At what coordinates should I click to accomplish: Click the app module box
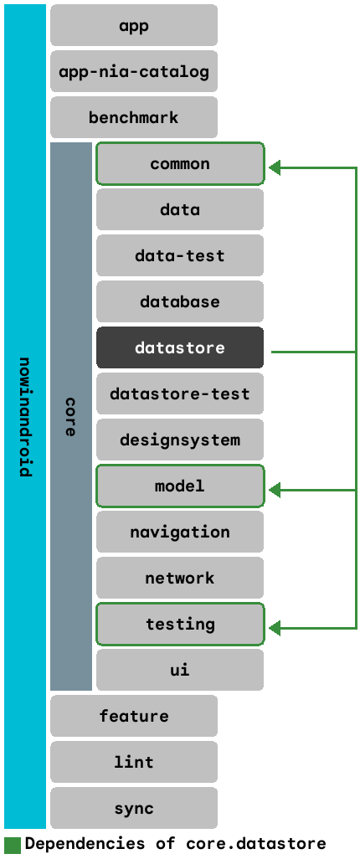[x=134, y=25]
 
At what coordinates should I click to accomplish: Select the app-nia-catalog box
[x=134, y=71]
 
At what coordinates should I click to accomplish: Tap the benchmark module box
[x=134, y=117]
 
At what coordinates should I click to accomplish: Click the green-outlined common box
[x=180, y=163]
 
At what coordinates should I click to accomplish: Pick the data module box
[x=180, y=209]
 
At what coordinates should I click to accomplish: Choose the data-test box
[x=180, y=255]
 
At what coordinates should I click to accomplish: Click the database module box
[x=180, y=301]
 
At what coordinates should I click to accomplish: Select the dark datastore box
[x=180, y=347]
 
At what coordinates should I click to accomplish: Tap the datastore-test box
[x=180, y=393]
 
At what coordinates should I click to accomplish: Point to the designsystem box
[x=180, y=440]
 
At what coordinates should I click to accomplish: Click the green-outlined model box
[x=180, y=486]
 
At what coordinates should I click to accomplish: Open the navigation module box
[x=180, y=532]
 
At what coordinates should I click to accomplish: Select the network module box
[x=180, y=578]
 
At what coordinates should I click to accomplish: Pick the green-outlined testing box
[x=180, y=624]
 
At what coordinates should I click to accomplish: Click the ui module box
[x=180, y=670]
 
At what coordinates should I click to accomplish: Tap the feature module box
[x=134, y=716]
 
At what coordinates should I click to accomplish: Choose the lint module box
[x=134, y=762]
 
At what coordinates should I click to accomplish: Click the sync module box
[x=134, y=808]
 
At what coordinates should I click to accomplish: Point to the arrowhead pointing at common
[x=275, y=168]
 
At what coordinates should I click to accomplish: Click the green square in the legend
[x=12, y=844]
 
